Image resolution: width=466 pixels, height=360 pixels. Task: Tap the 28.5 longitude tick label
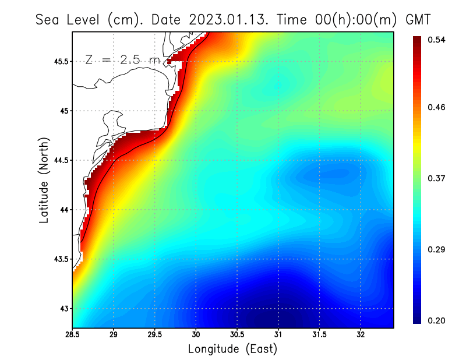(x=73, y=334)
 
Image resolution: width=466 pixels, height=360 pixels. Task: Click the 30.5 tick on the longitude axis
(x=237, y=334)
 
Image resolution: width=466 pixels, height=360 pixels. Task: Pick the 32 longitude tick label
(x=361, y=334)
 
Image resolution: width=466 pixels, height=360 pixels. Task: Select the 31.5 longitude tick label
(x=319, y=334)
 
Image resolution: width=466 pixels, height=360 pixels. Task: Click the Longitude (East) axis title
(x=232, y=349)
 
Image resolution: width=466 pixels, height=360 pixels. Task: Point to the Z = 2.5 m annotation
(x=122, y=59)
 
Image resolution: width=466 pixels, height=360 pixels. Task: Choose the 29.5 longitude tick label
(x=155, y=334)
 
